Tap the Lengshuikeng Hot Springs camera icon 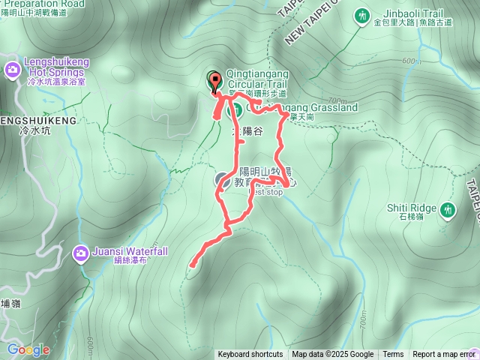[12, 70]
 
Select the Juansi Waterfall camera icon [80, 253]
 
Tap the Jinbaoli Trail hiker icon [363, 15]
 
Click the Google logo [28, 349]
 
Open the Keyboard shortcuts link [250, 355]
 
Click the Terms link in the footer [393, 355]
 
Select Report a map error [444, 355]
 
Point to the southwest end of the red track [193, 264]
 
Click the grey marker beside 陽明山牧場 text [223, 179]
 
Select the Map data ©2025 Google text [333, 355]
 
